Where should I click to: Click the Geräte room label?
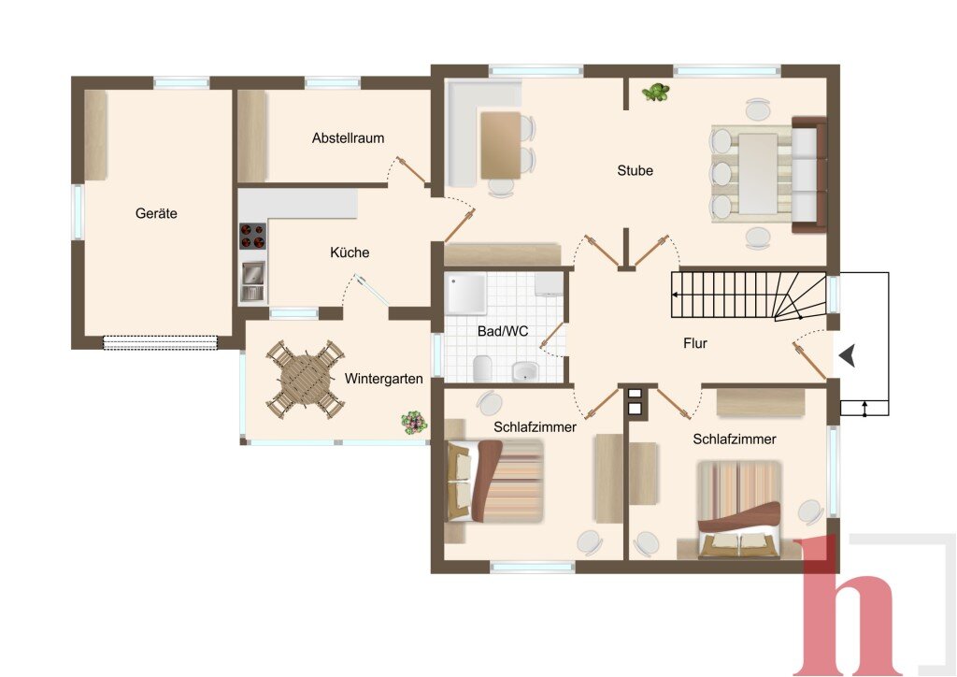point(156,213)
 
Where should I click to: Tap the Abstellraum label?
point(348,138)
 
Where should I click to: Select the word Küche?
point(350,252)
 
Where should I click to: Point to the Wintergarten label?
point(384,379)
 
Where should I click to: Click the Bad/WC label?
point(503,331)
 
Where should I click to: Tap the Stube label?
point(635,170)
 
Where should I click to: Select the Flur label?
point(695,343)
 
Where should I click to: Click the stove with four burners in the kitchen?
point(252,237)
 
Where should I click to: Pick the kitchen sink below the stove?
point(252,281)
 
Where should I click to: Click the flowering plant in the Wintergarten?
point(413,422)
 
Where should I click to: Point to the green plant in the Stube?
point(655,93)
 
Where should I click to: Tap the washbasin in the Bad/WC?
point(525,371)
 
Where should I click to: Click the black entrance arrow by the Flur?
point(847,355)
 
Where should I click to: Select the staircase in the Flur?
point(749,295)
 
